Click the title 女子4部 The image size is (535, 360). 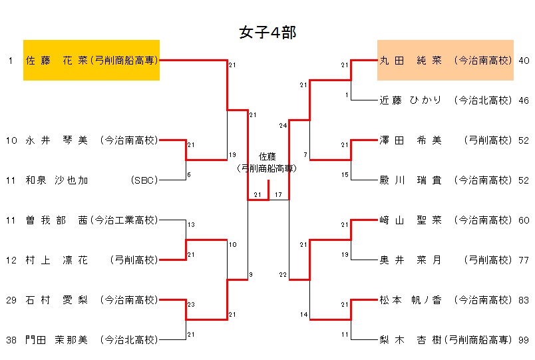[267, 33]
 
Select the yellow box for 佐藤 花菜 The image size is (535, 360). [91, 60]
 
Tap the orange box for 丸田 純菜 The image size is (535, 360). [445, 60]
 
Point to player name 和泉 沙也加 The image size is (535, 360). [57, 180]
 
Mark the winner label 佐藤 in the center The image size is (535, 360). [267, 156]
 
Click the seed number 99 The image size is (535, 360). [524, 340]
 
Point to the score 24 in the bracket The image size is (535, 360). [283, 125]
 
